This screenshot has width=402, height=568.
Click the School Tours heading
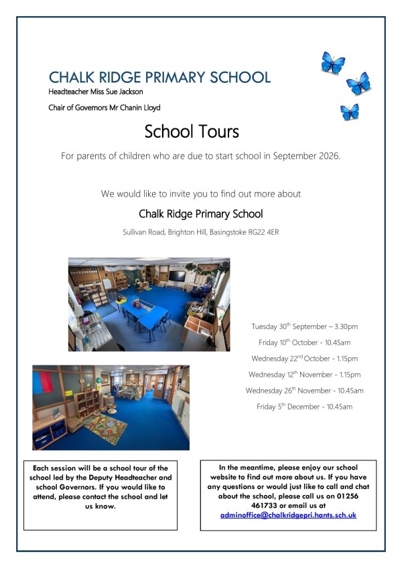191,130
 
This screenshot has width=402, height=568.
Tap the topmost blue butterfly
332,64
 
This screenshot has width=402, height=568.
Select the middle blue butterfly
358,84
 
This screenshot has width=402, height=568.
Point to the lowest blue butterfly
349,111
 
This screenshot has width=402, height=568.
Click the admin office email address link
288,515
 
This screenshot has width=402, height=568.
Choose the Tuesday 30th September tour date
305,326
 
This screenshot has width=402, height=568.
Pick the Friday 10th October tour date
305,343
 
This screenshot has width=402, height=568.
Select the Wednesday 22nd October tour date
305,359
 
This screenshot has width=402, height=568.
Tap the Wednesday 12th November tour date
305,375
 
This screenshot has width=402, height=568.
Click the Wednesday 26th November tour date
305,391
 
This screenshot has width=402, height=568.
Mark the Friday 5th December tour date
305,407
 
